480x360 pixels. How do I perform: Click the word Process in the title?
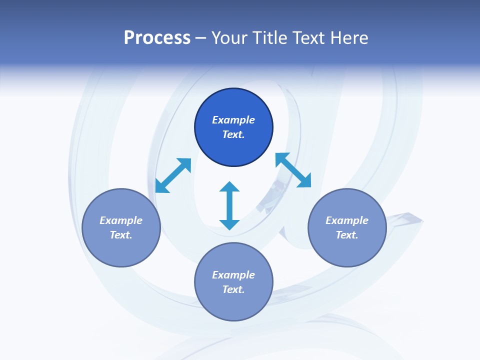157,38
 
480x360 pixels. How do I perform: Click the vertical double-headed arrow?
229,205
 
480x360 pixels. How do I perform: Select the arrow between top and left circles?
173,175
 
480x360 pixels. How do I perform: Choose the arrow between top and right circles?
293,170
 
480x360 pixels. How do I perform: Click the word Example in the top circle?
233,120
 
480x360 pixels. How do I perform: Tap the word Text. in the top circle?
233,134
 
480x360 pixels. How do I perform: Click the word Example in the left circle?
121,220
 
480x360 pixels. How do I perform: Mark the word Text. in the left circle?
121,235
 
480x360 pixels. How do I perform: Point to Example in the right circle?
347,220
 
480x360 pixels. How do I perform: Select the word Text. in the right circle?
347,235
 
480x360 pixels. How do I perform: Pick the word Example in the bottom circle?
233,275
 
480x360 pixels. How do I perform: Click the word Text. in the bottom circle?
233,289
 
